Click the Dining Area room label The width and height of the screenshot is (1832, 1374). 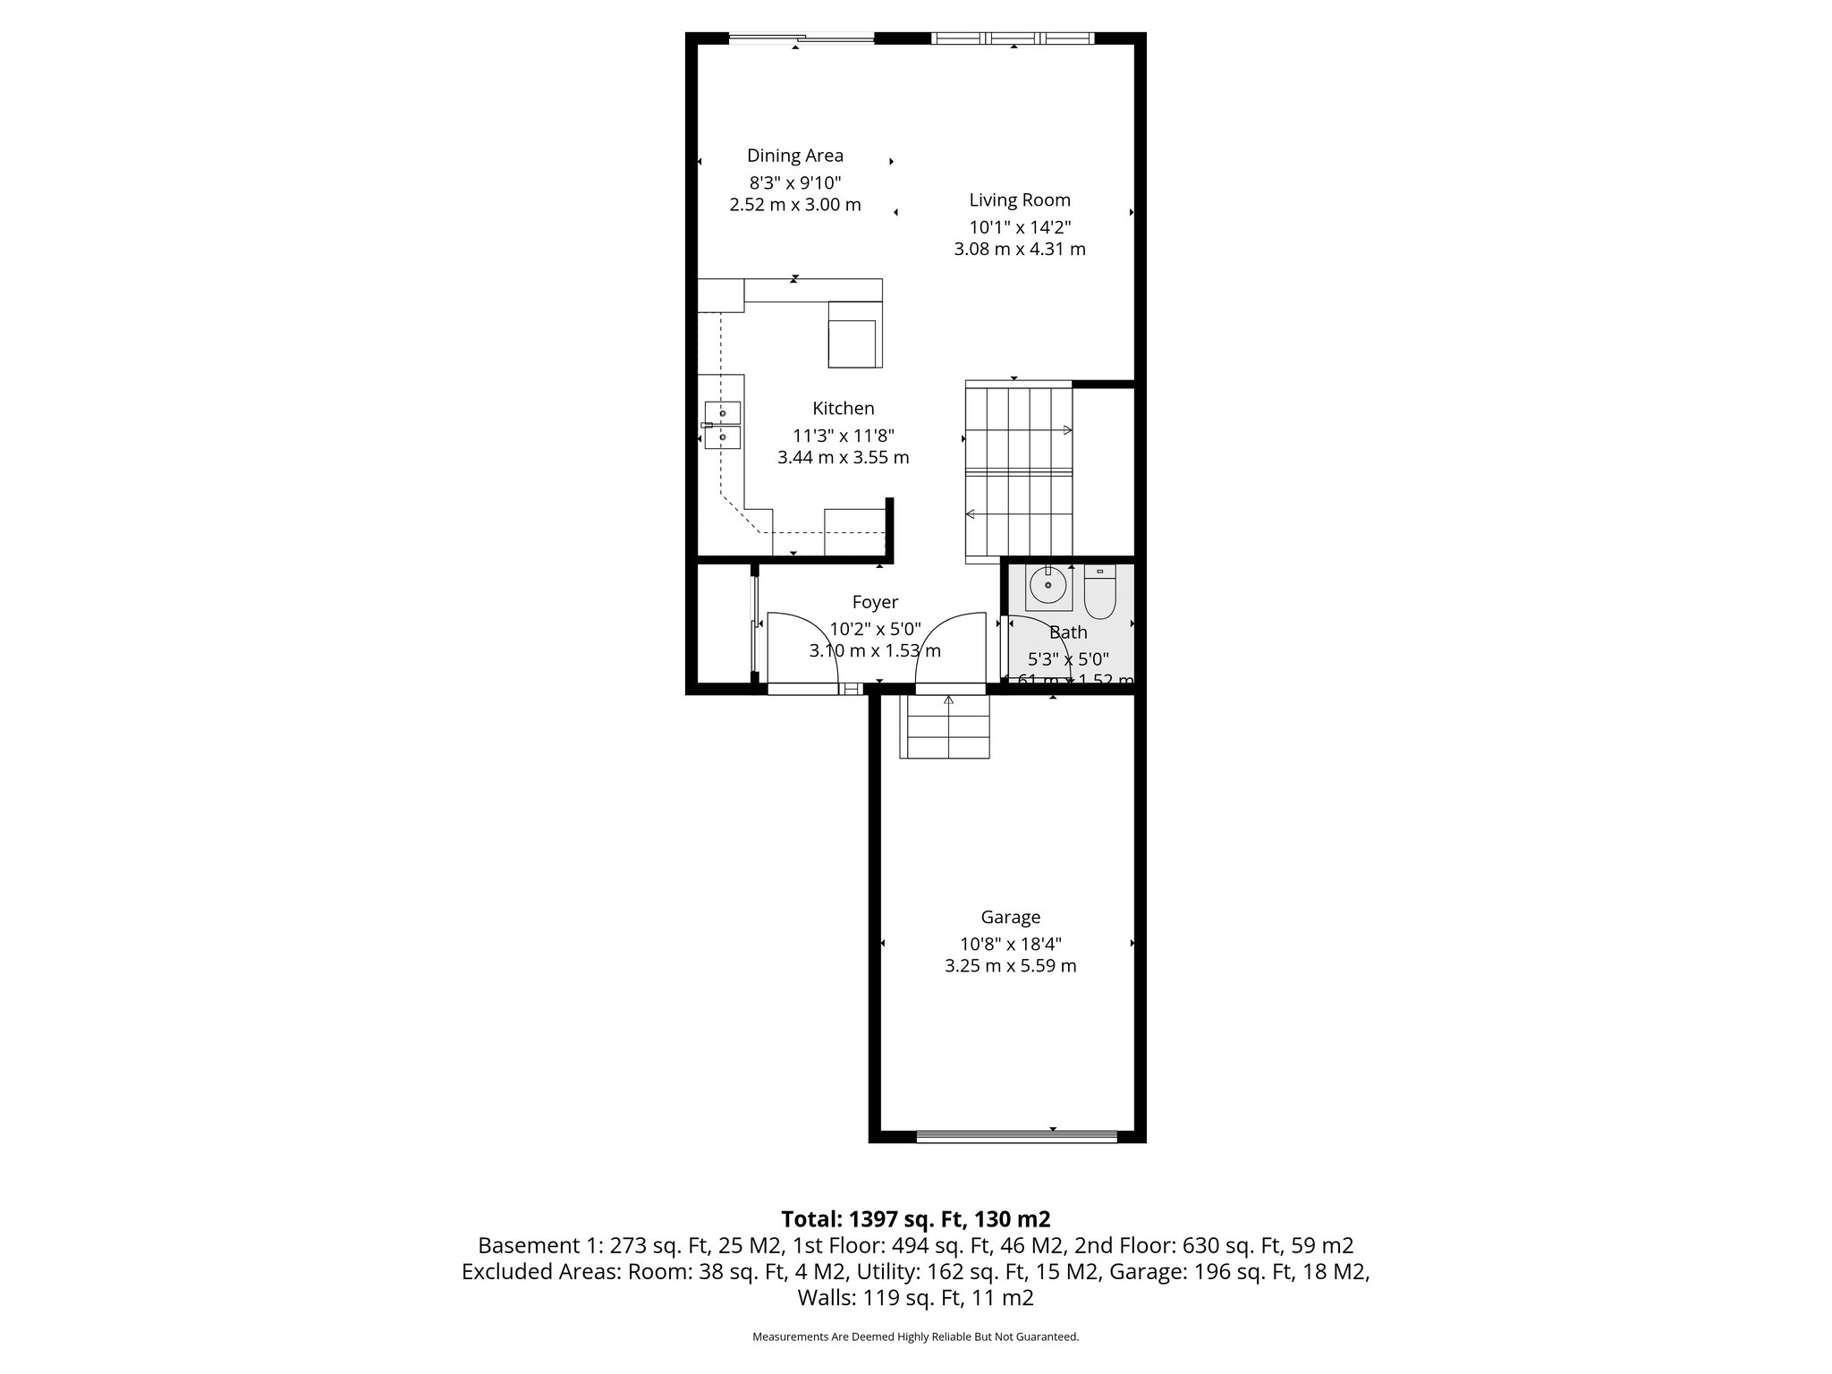[794, 156]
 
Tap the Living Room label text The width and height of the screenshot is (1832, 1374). [1019, 200]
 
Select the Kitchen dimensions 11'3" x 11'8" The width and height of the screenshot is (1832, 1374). [843, 436]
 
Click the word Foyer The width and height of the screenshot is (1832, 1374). [874, 602]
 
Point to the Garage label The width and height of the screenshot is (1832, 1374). [1010, 917]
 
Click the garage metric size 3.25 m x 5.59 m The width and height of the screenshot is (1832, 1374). [1010, 966]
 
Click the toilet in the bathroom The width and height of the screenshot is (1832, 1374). [1099, 591]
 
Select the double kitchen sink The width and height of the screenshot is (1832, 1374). [722, 425]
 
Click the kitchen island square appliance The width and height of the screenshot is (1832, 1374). [228, 343]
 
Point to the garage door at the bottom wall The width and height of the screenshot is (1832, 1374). [1016, 1136]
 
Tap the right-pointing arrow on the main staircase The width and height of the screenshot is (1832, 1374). [1066, 430]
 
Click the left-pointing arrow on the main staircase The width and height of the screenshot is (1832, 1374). [971, 513]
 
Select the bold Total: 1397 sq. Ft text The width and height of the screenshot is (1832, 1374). [915, 1218]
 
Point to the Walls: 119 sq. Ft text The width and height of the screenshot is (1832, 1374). [915, 1298]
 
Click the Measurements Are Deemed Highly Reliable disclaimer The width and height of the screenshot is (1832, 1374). [915, 1336]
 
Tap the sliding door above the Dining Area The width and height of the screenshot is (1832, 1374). [801, 38]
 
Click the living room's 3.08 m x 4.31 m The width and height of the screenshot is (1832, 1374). [1019, 250]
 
